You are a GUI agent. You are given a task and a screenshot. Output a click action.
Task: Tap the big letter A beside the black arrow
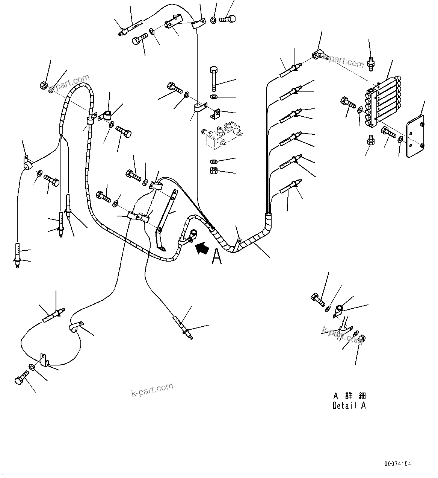(x=217, y=257)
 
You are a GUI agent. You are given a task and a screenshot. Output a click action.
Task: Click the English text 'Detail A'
(x=349, y=405)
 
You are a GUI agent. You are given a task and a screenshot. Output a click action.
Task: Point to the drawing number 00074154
(x=397, y=464)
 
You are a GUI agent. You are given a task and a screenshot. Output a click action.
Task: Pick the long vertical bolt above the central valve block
(x=214, y=78)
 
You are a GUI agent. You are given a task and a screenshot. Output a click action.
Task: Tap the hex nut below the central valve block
(x=213, y=171)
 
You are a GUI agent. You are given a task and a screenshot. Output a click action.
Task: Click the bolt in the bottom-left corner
(x=21, y=377)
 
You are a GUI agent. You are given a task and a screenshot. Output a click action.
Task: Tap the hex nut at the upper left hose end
(x=44, y=85)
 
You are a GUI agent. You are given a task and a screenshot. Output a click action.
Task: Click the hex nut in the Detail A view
(x=363, y=338)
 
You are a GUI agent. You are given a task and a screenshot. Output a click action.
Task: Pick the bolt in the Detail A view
(x=317, y=300)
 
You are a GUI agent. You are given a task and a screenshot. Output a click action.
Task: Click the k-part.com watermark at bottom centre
(x=152, y=389)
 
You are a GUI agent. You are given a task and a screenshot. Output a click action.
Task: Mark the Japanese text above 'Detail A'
(x=349, y=396)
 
